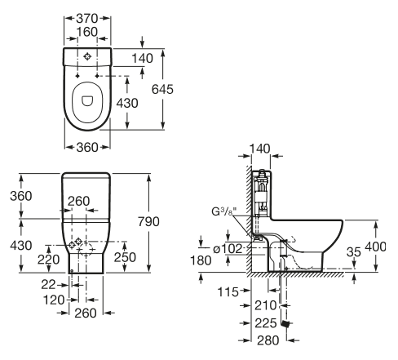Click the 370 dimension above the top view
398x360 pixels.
click(x=87, y=19)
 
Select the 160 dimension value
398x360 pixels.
click(x=87, y=32)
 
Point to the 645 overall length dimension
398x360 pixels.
click(x=162, y=89)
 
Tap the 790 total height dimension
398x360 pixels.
click(x=148, y=222)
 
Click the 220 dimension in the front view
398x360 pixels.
click(x=48, y=260)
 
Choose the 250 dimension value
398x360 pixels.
click(x=125, y=257)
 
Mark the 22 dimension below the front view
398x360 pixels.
click(x=48, y=285)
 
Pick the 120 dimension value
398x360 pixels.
click(x=54, y=300)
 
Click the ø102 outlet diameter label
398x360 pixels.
click(x=228, y=249)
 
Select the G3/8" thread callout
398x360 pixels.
click(x=224, y=211)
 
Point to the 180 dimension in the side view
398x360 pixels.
click(x=201, y=260)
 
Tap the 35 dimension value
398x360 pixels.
click(x=354, y=252)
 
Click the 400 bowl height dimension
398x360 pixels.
click(x=375, y=247)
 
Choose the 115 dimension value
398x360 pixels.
click(x=228, y=292)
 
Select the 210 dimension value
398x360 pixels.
click(x=265, y=305)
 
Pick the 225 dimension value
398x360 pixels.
click(x=266, y=323)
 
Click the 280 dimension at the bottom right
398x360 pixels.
click(x=268, y=340)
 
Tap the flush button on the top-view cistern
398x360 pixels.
click(x=87, y=56)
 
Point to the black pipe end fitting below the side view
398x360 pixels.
click(x=285, y=324)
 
